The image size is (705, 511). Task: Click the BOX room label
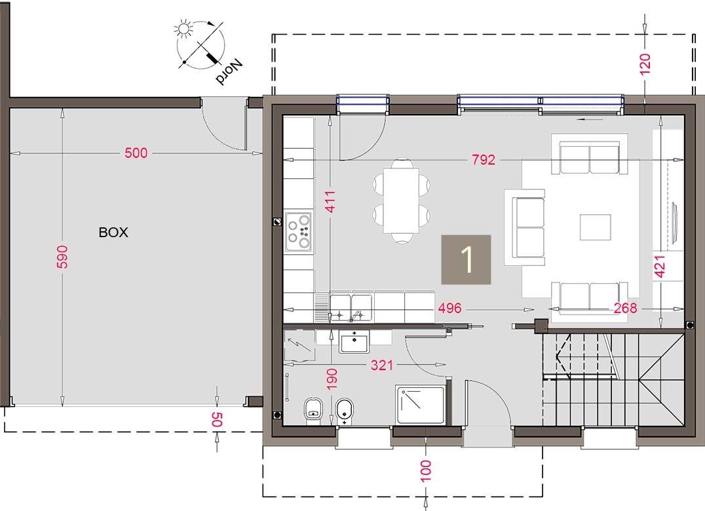113,232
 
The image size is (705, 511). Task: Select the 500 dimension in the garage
136,153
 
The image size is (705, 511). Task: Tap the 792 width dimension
483,160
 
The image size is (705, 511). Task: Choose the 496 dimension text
451,308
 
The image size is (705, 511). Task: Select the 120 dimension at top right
645,64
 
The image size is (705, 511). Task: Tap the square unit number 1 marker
466,259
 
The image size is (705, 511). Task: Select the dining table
401,200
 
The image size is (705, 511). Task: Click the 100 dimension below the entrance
426,470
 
